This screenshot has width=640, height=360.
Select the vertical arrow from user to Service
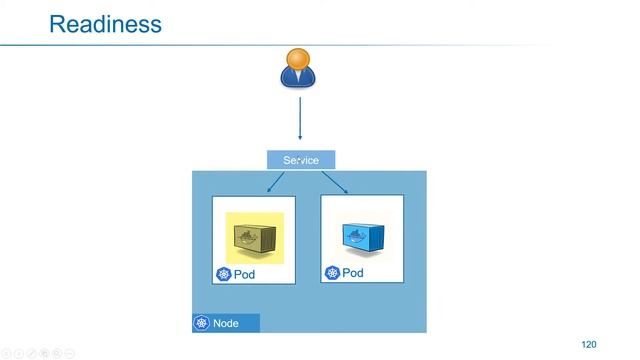click(300, 118)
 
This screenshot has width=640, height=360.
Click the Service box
click(301, 160)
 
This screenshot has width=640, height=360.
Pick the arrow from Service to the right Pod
click(334, 182)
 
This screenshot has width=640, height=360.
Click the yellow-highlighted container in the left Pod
click(254, 238)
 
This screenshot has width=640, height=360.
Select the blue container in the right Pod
click(362, 236)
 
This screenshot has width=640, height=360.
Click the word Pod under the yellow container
click(245, 274)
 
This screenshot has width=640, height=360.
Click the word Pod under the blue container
click(353, 272)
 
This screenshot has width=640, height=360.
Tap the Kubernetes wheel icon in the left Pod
click(223, 274)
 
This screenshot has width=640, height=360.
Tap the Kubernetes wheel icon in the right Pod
click(332, 272)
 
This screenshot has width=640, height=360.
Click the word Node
click(225, 324)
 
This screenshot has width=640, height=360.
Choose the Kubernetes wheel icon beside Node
click(202, 324)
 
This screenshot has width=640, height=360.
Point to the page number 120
click(588, 345)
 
